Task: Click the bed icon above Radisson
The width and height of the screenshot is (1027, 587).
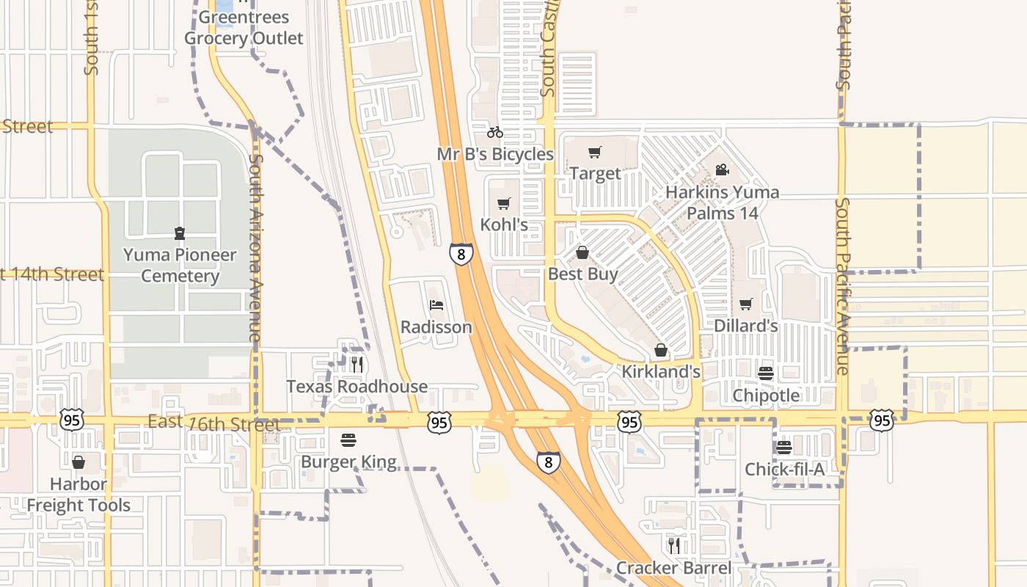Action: pos(436,305)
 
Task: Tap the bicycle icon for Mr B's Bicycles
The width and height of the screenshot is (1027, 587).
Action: pos(495,133)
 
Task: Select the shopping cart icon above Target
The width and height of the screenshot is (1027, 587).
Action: pos(595,153)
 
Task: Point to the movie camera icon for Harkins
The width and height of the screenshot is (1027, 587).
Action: pos(722,170)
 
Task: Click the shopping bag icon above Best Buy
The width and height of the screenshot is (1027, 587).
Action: pos(582,252)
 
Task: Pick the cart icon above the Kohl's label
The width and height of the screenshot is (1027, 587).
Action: pos(503,203)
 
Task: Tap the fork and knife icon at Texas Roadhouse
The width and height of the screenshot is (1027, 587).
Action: pos(357,365)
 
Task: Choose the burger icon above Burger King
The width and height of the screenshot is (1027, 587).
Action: pos(348,440)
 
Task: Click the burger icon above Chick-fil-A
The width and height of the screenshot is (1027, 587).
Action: pos(784,448)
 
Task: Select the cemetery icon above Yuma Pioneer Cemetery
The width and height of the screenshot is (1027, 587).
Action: pos(180,233)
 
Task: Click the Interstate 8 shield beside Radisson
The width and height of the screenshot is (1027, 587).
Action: pos(461,254)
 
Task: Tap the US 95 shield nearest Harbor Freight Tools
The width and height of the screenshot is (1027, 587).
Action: pos(72,420)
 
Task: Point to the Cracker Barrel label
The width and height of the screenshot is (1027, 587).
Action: pos(673,568)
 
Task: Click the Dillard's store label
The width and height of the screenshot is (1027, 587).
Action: pos(746,325)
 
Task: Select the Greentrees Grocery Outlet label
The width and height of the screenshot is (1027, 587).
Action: pos(244,28)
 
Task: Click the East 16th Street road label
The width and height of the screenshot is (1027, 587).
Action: pos(214,424)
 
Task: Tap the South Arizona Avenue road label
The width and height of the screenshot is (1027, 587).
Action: pos(255,246)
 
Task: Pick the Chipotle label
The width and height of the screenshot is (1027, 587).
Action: pos(767,395)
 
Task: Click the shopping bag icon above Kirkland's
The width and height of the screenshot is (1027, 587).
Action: pos(661,350)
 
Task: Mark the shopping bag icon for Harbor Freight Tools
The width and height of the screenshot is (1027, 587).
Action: pos(78,462)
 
